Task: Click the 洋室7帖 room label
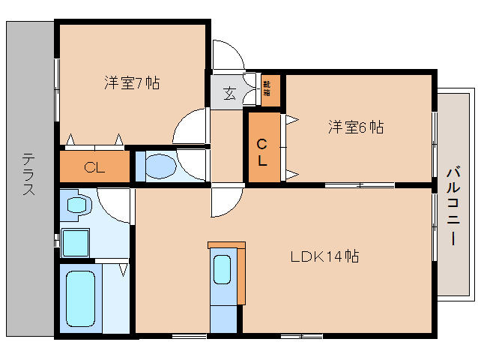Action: pyautogui.click(x=132, y=82)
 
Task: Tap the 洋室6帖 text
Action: pyautogui.click(x=355, y=127)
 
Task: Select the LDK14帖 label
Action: pyautogui.click(x=324, y=256)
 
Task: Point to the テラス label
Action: pyautogui.click(x=28, y=174)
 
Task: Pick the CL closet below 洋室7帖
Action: pyautogui.click(x=94, y=167)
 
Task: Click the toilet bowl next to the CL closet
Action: pyautogui.click(x=159, y=166)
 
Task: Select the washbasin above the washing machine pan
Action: pyautogui.click(x=77, y=205)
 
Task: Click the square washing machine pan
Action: pyautogui.click(x=76, y=243)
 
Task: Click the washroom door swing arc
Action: pyautogui.click(x=115, y=204)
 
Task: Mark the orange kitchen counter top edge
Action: pyautogui.click(x=226, y=245)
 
